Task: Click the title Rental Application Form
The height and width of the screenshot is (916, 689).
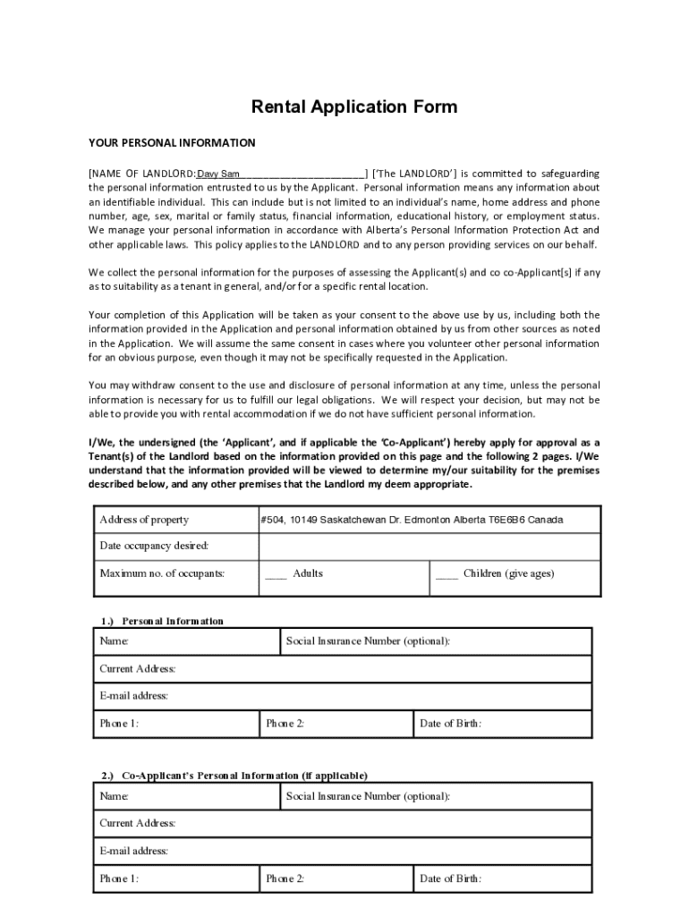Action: point(353,107)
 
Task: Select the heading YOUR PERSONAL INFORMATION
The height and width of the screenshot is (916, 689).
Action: point(172,143)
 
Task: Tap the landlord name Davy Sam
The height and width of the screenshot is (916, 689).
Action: point(217,174)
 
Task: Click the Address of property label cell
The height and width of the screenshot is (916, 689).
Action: point(144,520)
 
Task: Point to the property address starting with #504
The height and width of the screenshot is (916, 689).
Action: point(412,520)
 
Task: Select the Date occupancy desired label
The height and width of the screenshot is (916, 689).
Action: point(154,546)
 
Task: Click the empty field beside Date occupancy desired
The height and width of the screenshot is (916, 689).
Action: point(430,546)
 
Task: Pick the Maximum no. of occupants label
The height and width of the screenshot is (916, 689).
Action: point(162,573)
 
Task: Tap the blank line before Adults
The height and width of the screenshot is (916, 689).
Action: point(276,574)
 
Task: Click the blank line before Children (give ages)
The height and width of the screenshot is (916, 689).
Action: point(447,574)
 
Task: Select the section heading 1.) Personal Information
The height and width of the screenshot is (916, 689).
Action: point(162,621)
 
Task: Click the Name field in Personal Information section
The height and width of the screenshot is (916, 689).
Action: point(188,641)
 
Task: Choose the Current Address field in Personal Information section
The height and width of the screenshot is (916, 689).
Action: point(344,669)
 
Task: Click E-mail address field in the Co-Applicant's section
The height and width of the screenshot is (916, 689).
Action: point(344,851)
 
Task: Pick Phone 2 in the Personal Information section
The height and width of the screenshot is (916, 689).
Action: point(336,724)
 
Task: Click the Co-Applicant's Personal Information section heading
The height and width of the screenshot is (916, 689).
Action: point(234,776)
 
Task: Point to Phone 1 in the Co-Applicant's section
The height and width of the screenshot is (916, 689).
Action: point(175,878)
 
